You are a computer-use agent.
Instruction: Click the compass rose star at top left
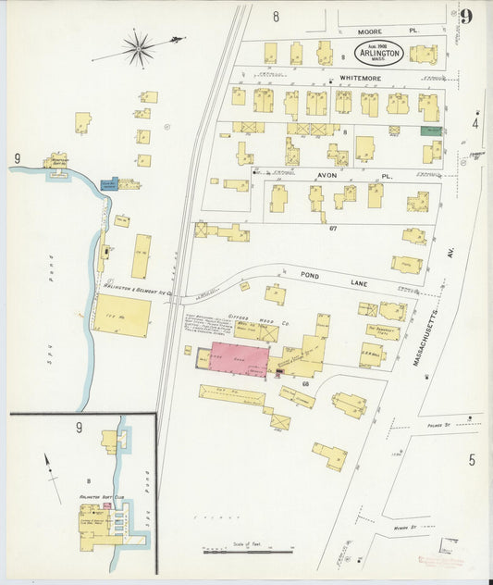click(x=139, y=47)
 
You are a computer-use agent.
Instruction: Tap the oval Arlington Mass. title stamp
click(x=379, y=52)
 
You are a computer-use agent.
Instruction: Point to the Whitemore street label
click(x=359, y=80)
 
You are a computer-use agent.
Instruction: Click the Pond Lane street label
click(x=314, y=275)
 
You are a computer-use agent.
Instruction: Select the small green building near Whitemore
click(x=430, y=131)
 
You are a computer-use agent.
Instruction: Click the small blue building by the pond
click(x=109, y=184)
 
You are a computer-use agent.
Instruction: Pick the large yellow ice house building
click(x=122, y=316)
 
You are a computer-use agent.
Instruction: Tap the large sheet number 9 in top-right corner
click(x=466, y=17)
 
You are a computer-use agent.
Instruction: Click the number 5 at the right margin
click(x=471, y=460)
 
